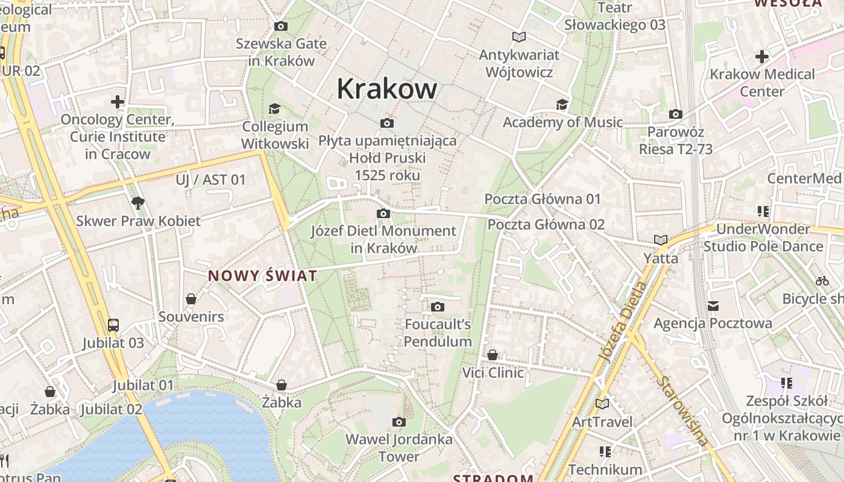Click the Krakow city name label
pos(386,89)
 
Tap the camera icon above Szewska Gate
pos(280,26)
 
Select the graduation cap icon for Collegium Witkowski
pos(274,108)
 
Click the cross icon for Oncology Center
pos(118,101)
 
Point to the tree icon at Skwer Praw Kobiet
pos(138,202)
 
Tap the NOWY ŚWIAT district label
pos(262,276)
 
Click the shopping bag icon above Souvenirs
pos(191,299)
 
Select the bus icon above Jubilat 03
pos(113,325)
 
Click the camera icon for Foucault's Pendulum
pos(438,307)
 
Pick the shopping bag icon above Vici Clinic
pos(493,355)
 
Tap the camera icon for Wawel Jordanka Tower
pos(398,422)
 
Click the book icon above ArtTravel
pos(602,404)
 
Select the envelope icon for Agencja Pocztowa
pos(713,306)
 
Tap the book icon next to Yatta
pos(661,240)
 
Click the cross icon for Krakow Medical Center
pos(762,57)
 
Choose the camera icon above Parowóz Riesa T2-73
pos(675,114)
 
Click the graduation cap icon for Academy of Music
pos(562,104)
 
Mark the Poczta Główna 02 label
pos(546,224)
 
